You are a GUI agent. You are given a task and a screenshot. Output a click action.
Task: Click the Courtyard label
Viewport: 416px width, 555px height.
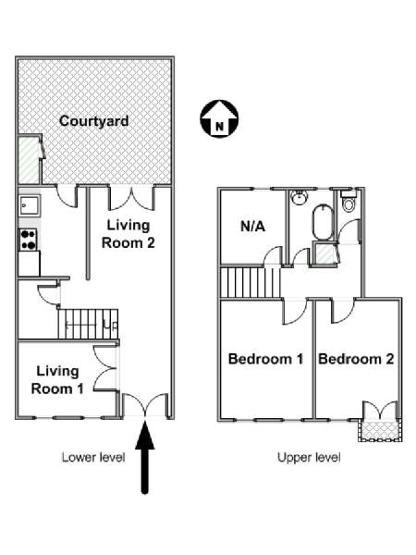tap(93, 121)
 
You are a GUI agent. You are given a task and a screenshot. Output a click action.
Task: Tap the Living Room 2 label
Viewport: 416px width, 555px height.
tap(128, 234)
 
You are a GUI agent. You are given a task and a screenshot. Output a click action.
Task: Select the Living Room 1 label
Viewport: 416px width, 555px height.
tap(57, 380)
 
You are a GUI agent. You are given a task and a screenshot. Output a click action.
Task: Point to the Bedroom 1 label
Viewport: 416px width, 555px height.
tap(265, 359)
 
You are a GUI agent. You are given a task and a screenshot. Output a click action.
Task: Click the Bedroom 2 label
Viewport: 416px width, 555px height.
tap(356, 359)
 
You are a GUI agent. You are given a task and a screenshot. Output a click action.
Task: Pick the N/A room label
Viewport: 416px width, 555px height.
tap(253, 227)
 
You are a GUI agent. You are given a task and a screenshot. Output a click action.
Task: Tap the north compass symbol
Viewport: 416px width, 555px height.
tap(219, 119)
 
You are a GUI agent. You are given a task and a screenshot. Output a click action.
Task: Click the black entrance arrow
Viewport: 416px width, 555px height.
tap(145, 457)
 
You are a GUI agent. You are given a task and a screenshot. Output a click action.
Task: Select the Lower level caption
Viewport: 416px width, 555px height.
tap(93, 457)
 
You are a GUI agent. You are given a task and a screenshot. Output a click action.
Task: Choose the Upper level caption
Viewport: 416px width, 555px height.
tap(309, 457)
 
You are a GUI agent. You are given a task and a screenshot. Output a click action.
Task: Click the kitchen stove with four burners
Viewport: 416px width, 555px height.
tap(29, 240)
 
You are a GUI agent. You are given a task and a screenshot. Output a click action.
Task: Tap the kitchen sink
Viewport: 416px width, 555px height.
tap(30, 205)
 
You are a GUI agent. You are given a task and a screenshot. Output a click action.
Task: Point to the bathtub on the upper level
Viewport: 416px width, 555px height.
tap(323, 224)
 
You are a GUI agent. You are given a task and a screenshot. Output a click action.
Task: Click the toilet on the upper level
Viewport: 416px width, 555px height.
tap(349, 202)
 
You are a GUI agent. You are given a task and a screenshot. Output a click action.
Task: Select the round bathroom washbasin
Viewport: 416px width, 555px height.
tap(299, 197)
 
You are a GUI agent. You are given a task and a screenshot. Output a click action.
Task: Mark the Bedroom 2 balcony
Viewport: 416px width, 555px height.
tap(380, 430)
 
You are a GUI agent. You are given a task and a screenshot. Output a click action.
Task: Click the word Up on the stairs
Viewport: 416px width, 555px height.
tap(111, 325)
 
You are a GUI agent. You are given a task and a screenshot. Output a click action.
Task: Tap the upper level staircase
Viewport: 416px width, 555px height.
tap(251, 283)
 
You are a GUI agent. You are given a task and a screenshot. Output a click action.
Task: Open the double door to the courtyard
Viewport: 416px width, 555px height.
tap(132, 198)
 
